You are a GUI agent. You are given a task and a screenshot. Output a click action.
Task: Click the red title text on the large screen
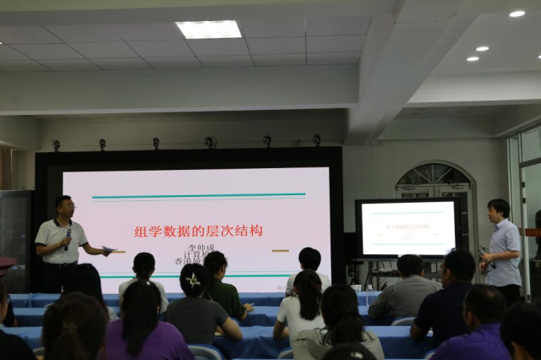pos(199,231)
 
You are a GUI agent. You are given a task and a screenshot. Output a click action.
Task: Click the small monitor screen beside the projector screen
pos(407,227)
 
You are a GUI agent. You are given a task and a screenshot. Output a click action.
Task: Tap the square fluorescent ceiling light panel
pos(209,30)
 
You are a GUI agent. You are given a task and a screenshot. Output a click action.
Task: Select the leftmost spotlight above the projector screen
pos(57,145)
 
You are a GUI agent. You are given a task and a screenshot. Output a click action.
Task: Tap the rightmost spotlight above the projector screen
pos(316,139)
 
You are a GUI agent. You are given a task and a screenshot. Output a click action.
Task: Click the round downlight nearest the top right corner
pos(516,14)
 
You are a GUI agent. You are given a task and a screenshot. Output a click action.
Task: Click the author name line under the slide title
pos(195,248)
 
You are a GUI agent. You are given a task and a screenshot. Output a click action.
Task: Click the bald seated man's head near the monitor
pos(411,265)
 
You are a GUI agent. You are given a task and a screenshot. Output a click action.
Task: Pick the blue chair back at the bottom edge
pos(205,352)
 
